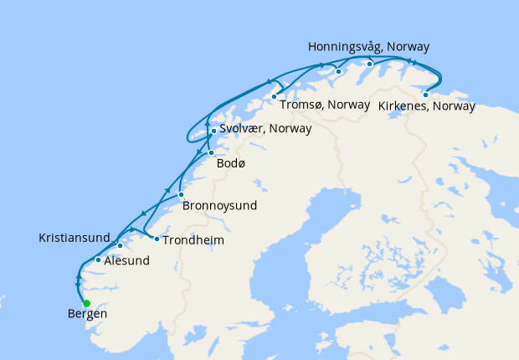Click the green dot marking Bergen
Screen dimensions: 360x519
(x=86, y=303)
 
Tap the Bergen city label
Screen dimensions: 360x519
(x=87, y=316)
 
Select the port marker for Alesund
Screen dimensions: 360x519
(x=99, y=260)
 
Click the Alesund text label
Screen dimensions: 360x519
(x=127, y=260)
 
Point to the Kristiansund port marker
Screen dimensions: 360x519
(x=121, y=245)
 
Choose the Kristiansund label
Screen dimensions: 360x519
(x=74, y=239)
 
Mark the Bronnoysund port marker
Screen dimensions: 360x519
(x=181, y=195)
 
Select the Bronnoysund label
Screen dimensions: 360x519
(x=219, y=205)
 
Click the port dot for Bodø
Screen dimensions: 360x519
(x=211, y=152)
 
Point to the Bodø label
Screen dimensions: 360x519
(x=231, y=163)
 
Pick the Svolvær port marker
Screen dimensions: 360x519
(x=214, y=131)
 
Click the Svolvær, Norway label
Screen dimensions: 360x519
(x=265, y=129)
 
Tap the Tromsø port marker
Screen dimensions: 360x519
(x=274, y=96)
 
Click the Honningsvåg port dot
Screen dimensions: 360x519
(x=369, y=64)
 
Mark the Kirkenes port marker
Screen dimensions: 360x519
(x=425, y=95)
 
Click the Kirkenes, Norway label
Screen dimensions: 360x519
(x=426, y=106)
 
